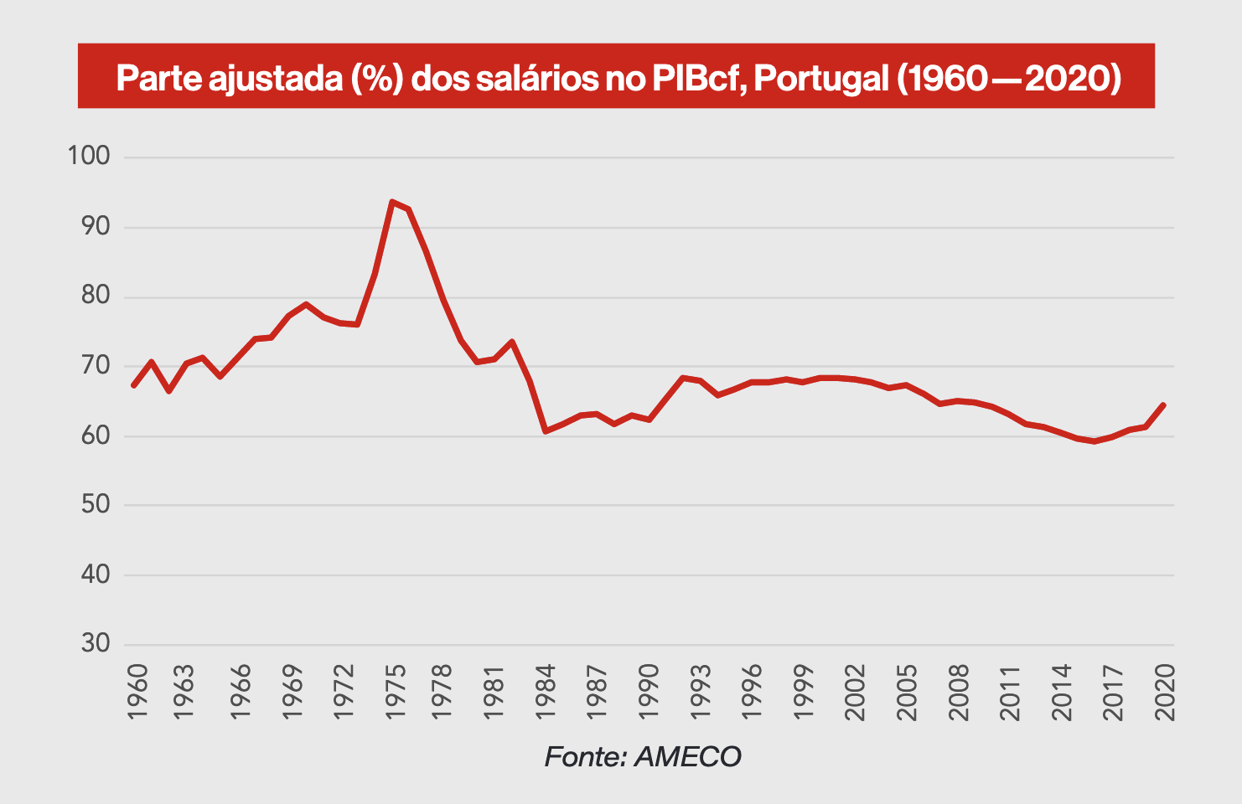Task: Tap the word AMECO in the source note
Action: click(x=687, y=756)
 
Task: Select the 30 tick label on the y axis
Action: click(x=96, y=644)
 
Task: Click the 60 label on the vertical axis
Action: click(x=96, y=435)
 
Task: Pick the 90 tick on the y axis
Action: click(x=96, y=227)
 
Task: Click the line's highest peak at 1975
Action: click(x=391, y=202)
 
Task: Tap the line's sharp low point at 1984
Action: click(x=546, y=431)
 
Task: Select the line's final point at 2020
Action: click(x=1164, y=405)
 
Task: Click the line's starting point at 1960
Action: click(x=134, y=385)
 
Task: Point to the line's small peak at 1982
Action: click(x=511, y=342)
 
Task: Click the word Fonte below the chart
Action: click(x=585, y=756)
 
